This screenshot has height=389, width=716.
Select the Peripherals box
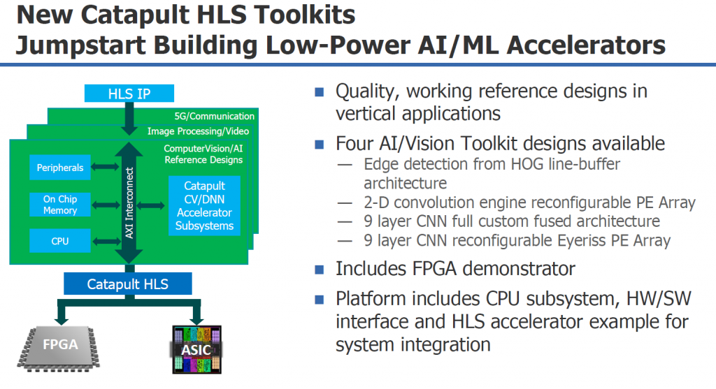pyautogui.click(x=61, y=168)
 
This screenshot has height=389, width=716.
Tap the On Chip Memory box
pyautogui.click(x=60, y=205)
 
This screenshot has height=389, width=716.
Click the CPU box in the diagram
pyautogui.click(x=60, y=242)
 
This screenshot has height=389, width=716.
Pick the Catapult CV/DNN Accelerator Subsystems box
pyautogui.click(x=204, y=206)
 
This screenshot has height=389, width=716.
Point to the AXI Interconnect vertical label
pyautogui.click(x=129, y=203)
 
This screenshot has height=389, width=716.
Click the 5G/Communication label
pyautogui.click(x=215, y=116)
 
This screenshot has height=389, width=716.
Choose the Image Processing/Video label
pyautogui.click(x=198, y=131)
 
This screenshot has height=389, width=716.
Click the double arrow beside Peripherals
pyautogui.click(x=106, y=168)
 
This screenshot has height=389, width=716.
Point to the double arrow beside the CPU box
pyautogui.click(x=106, y=242)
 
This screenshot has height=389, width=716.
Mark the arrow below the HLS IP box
pyautogui.click(x=129, y=119)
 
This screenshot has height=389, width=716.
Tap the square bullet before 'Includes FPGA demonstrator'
pyautogui.click(x=320, y=269)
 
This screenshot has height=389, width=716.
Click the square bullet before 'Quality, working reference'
pyautogui.click(x=320, y=91)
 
